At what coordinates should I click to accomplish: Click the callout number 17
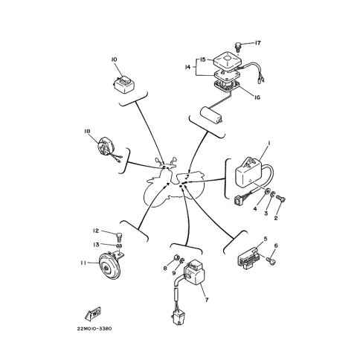[x=257, y=43]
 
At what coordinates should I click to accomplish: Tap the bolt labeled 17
[x=238, y=47]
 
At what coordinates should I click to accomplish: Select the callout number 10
[x=114, y=60]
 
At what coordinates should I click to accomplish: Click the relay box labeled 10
[x=123, y=84]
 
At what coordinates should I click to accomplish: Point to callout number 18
[x=87, y=131]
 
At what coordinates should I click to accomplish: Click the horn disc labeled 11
[x=110, y=266]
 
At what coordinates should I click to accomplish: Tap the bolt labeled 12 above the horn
[x=120, y=237]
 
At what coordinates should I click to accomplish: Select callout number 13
[x=96, y=245]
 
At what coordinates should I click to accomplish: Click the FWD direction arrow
[x=93, y=313]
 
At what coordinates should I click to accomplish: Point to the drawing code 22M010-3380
[x=94, y=329]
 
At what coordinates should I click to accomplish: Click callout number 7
[x=206, y=300]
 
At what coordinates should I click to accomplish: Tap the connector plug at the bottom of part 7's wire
[x=177, y=318]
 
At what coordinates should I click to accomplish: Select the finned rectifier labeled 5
[x=248, y=259]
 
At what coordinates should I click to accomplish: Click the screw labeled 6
[x=271, y=260]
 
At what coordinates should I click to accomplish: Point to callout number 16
[x=257, y=97]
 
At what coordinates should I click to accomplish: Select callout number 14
[x=188, y=67]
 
